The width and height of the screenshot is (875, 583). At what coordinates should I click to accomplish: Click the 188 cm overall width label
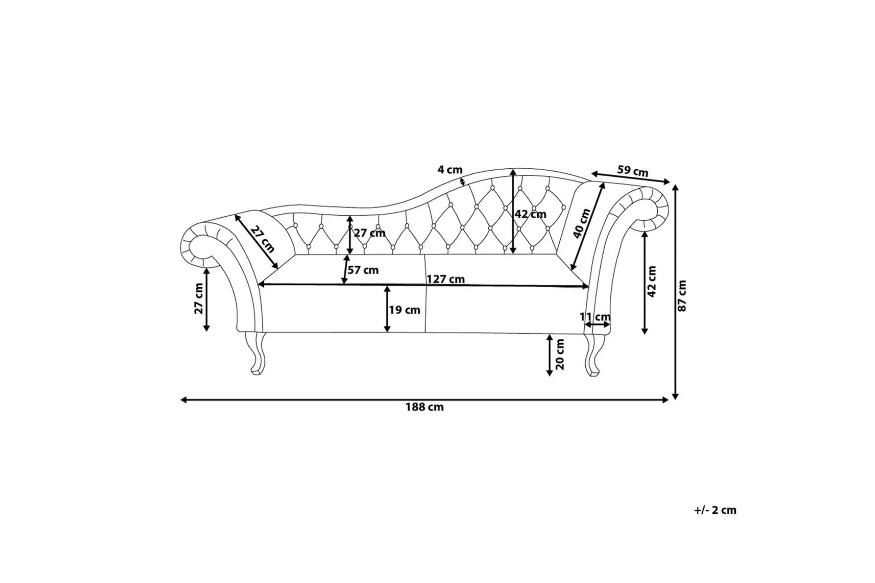pyautogui.click(x=424, y=407)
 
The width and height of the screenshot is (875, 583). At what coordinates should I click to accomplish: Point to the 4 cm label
pyautogui.click(x=450, y=170)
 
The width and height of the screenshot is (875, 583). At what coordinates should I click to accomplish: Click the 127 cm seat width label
pyautogui.click(x=445, y=279)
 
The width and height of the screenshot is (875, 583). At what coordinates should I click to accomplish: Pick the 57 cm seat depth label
pyautogui.click(x=363, y=270)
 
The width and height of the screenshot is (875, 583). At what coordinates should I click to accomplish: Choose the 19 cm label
pyautogui.click(x=405, y=310)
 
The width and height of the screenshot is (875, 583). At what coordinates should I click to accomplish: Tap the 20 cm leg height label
pyautogui.click(x=560, y=355)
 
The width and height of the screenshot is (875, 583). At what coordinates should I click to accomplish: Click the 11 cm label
pyautogui.click(x=595, y=317)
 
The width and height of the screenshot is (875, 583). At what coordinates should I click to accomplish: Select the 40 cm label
pyautogui.click(x=582, y=224)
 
